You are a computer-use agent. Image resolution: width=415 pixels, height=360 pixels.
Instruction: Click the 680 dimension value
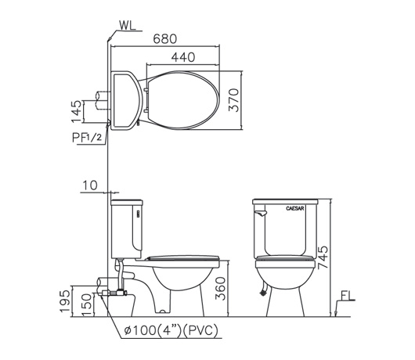coord(165,39)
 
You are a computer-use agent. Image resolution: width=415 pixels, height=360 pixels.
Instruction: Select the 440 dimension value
coord(183,57)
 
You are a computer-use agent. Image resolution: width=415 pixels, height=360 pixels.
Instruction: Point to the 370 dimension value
coord(233,100)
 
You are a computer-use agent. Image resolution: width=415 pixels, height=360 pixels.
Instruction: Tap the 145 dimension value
coord(77,111)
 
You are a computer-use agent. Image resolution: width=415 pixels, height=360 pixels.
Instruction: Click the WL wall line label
coord(128,25)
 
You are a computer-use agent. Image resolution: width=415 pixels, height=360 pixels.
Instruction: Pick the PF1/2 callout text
coord(87,138)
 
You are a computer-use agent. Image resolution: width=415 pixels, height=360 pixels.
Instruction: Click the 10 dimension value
coord(90,185)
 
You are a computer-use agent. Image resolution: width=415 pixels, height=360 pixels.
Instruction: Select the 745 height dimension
coord(323,257)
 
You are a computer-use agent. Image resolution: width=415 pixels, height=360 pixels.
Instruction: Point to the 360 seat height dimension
coord(220,288)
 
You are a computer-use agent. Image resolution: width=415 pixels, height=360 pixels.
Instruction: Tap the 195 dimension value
coord(65,301)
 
